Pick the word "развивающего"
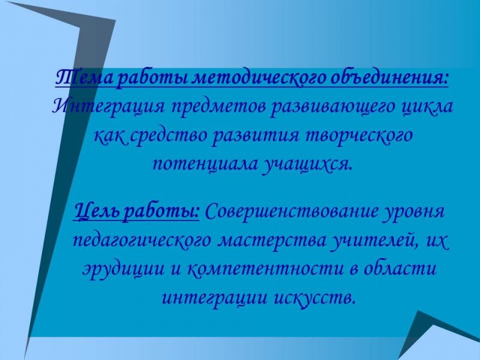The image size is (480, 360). pos(327,107)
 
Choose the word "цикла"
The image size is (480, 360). pos(427,107)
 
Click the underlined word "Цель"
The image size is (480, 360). pos(96,212)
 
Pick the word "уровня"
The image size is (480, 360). pos(416,212)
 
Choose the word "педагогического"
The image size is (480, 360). pos(142,241)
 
